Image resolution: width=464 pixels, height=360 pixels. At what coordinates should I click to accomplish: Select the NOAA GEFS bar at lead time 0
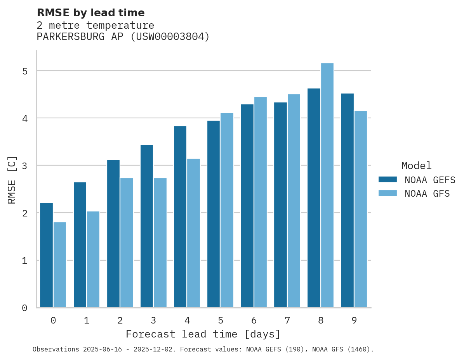point(46,255)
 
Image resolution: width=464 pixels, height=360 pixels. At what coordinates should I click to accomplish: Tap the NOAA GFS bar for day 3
point(160,243)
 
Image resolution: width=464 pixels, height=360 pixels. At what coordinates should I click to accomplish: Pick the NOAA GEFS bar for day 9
point(347,201)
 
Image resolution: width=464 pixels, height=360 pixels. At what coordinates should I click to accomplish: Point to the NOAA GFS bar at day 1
point(93,260)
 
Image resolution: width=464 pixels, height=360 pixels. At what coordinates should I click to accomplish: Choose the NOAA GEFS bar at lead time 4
point(180,217)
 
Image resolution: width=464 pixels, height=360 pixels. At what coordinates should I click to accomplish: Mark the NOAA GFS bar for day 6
point(260,202)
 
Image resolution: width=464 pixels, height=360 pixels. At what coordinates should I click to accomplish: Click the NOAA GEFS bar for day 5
point(214,214)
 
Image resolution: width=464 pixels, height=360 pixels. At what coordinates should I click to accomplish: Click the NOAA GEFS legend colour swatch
point(388,179)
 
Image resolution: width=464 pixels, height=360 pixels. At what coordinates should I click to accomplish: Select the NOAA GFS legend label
point(427,194)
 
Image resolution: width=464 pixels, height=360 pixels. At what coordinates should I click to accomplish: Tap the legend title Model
point(416,166)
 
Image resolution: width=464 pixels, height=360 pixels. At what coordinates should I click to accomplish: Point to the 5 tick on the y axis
point(25,71)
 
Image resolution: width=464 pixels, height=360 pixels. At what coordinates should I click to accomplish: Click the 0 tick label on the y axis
point(25,308)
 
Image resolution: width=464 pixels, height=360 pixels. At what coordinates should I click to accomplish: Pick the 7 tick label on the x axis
point(287,320)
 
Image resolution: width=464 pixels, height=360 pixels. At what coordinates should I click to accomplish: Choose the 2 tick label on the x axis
point(120,320)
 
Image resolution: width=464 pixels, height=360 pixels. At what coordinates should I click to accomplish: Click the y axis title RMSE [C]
point(12,180)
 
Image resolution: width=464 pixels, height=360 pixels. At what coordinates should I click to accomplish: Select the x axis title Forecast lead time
point(203,334)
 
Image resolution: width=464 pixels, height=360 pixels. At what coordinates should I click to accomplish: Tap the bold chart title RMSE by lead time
point(90,13)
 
